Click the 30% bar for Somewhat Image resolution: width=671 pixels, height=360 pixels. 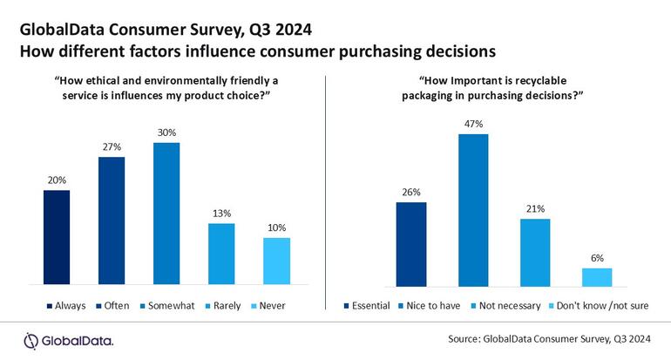point(166,214)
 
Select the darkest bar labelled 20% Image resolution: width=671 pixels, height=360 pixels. point(56,237)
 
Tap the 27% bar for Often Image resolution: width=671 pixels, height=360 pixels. point(111,221)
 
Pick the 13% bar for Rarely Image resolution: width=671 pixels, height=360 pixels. point(221,254)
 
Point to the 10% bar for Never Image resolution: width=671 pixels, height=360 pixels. point(276,261)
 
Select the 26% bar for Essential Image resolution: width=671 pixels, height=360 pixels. point(411,243)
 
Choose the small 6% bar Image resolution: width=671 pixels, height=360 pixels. point(597,275)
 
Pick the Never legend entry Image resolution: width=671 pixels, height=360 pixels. point(271,305)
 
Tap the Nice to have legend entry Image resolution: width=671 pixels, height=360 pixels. point(435,305)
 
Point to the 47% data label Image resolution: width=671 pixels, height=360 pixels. point(473,125)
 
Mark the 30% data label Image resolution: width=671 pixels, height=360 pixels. point(166,132)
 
